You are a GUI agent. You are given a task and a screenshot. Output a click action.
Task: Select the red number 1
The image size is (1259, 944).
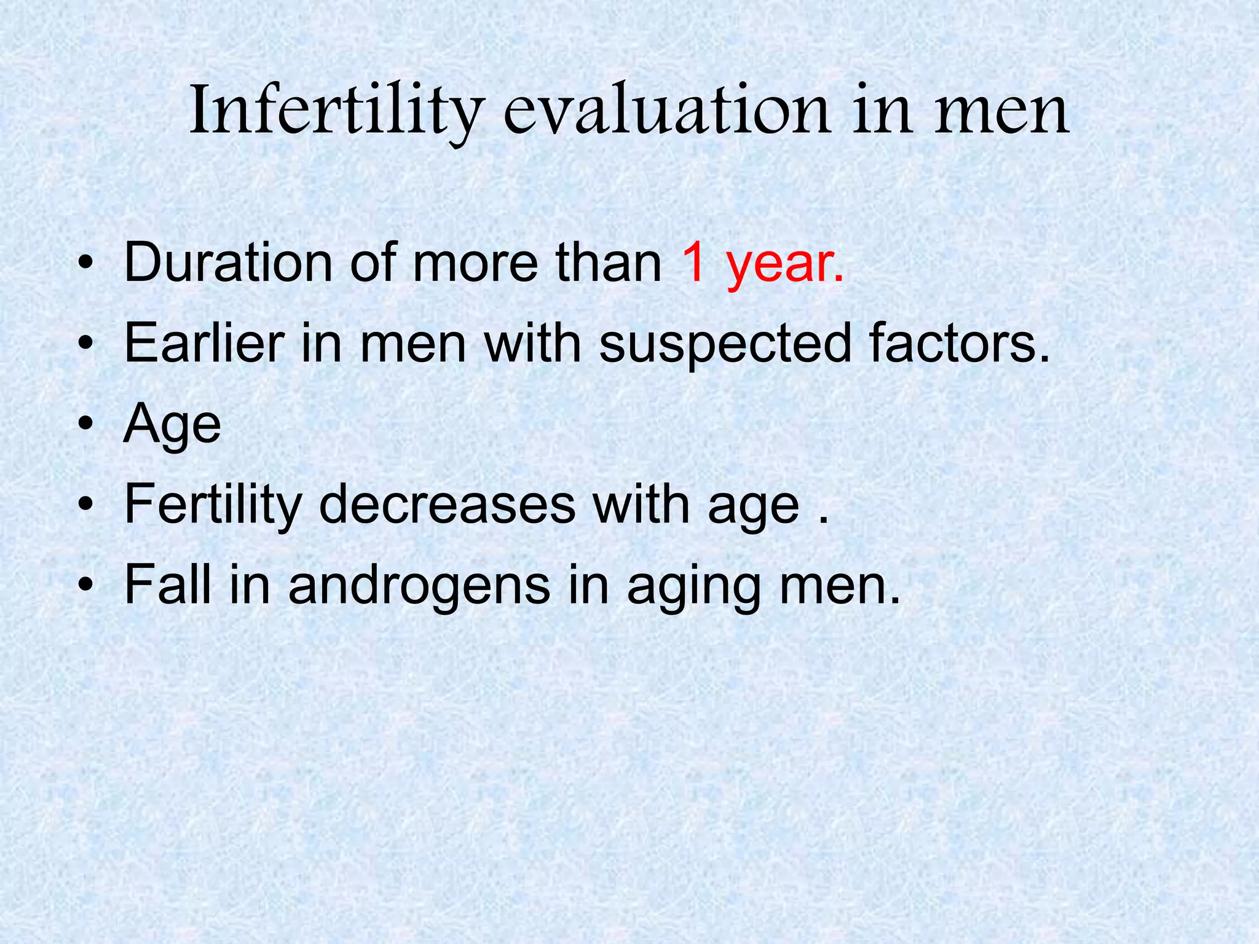(x=695, y=263)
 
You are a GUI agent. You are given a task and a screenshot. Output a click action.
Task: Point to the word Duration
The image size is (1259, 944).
(x=228, y=263)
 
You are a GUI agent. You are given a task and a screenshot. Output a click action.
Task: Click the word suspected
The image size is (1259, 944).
(x=725, y=344)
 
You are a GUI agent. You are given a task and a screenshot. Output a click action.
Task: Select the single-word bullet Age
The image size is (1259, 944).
(x=172, y=425)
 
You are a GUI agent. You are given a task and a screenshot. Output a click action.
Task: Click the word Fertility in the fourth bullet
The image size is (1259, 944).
(x=212, y=505)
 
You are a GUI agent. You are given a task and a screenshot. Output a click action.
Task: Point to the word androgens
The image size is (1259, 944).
(x=419, y=586)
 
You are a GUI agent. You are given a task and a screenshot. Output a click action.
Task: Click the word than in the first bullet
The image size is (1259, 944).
(x=609, y=263)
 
